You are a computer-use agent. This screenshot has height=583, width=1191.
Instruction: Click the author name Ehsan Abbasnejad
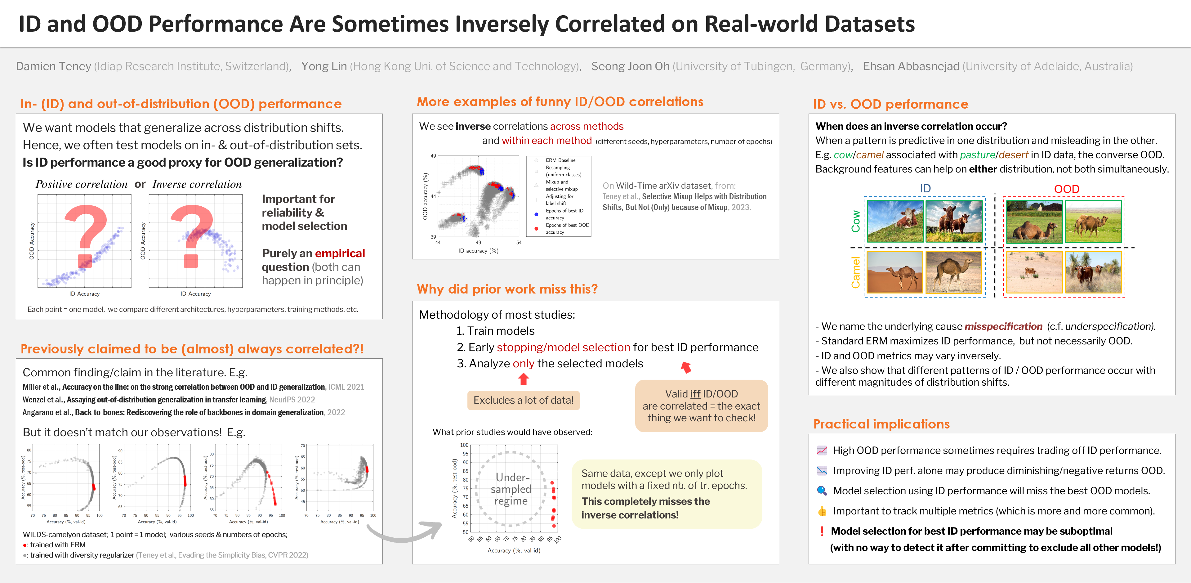tap(911, 66)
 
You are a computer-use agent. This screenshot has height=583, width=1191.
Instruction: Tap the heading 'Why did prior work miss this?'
tap(507, 289)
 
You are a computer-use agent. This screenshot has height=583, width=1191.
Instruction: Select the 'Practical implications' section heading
tap(881, 424)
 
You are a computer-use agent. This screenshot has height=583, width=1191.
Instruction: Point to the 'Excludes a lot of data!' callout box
tap(523, 400)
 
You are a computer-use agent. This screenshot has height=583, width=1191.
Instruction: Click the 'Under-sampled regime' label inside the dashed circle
tap(511, 489)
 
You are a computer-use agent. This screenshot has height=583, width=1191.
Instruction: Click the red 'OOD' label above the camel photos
tap(1066, 189)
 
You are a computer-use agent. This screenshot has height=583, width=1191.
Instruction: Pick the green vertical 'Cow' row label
tap(856, 221)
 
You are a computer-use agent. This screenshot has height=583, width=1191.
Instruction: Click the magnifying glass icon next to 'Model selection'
tap(822, 491)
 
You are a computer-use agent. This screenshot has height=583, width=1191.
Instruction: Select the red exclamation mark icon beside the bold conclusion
tap(822, 531)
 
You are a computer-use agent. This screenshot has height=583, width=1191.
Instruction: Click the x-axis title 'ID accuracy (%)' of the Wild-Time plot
tap(478, 251)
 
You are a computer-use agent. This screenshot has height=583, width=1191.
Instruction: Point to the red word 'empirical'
tap(340, 253)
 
